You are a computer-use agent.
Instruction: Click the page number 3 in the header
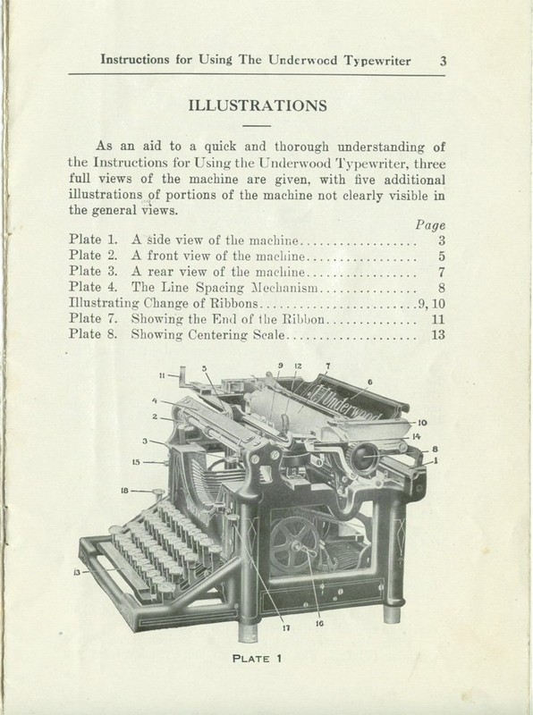click(x=443, y=62)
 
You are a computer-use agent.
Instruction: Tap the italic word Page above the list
click(x=431, y=226)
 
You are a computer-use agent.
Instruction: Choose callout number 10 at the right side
click(x=421, y=421)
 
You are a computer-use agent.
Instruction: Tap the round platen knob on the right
click(x=364, y=458)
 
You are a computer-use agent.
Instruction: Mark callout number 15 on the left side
click(x=135, y=462)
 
